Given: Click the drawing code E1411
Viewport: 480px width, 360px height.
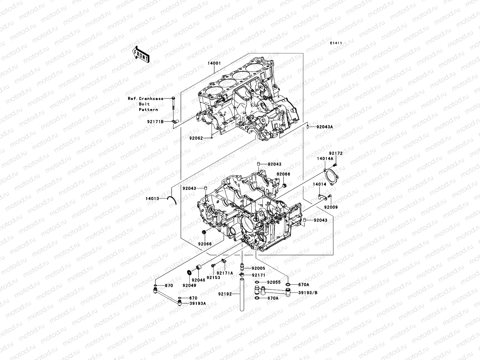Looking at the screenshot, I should (x=336, y=43).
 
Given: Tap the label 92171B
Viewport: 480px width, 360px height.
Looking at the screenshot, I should (x=155, y=122).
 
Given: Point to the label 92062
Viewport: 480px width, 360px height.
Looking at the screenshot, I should (x=196, y=138).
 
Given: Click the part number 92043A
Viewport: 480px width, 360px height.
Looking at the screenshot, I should (x=324, y=127).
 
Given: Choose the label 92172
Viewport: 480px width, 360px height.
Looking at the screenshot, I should (x=335, y=153).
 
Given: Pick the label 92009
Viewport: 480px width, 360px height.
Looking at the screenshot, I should (x=331, y=207).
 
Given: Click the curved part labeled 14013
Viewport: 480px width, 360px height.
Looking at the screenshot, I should (x=173, y=199).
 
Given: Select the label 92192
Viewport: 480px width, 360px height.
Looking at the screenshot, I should (x=225, y=294).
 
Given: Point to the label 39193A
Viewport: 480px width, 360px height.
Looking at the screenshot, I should (x=198, y=303).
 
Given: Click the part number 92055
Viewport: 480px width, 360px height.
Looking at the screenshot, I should (x=273, y=282).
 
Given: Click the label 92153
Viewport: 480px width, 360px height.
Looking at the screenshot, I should (x=213, y=277).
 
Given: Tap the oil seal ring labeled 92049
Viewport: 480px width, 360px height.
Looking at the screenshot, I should (x=189, y=272).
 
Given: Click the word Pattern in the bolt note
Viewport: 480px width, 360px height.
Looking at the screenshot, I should (x=148, y=109).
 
